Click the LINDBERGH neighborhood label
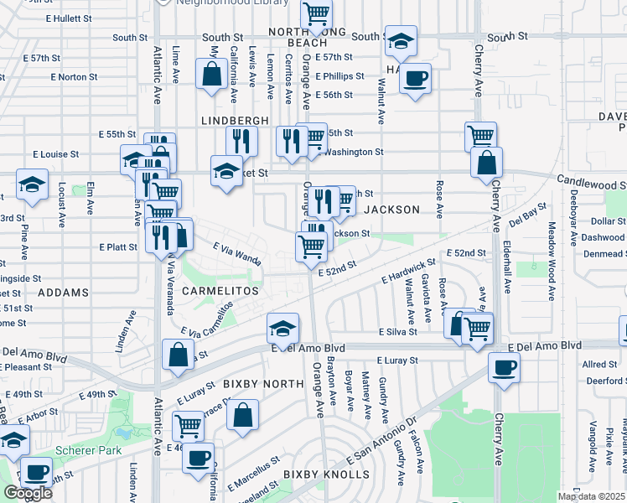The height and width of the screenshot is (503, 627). pos(235,121)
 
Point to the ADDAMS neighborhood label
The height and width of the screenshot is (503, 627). pos(63,293)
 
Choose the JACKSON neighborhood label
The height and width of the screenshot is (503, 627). pos(391,210)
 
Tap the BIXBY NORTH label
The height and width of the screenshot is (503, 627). pos(263,384)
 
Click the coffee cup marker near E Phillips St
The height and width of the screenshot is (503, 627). pos(415,80)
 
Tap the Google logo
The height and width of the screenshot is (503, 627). pos(28,493)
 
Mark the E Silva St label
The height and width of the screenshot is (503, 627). pos(397,332)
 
